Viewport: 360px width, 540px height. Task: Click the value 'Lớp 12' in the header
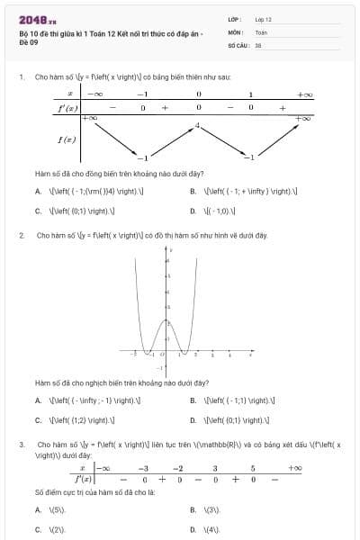click(x=264, y=18)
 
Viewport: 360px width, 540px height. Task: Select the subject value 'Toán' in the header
click(x=261, y=31)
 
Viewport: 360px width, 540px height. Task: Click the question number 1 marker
click(x=21, y=77)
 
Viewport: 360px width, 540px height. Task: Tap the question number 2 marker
click(x=21, y=235)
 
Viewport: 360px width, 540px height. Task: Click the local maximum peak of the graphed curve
click(x=165, y=320)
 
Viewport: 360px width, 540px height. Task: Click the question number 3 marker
click(x=21, y=445)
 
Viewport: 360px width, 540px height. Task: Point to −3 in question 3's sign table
click(x=143, y=468)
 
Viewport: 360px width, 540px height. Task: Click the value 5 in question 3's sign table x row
click(x=253, y=468)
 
